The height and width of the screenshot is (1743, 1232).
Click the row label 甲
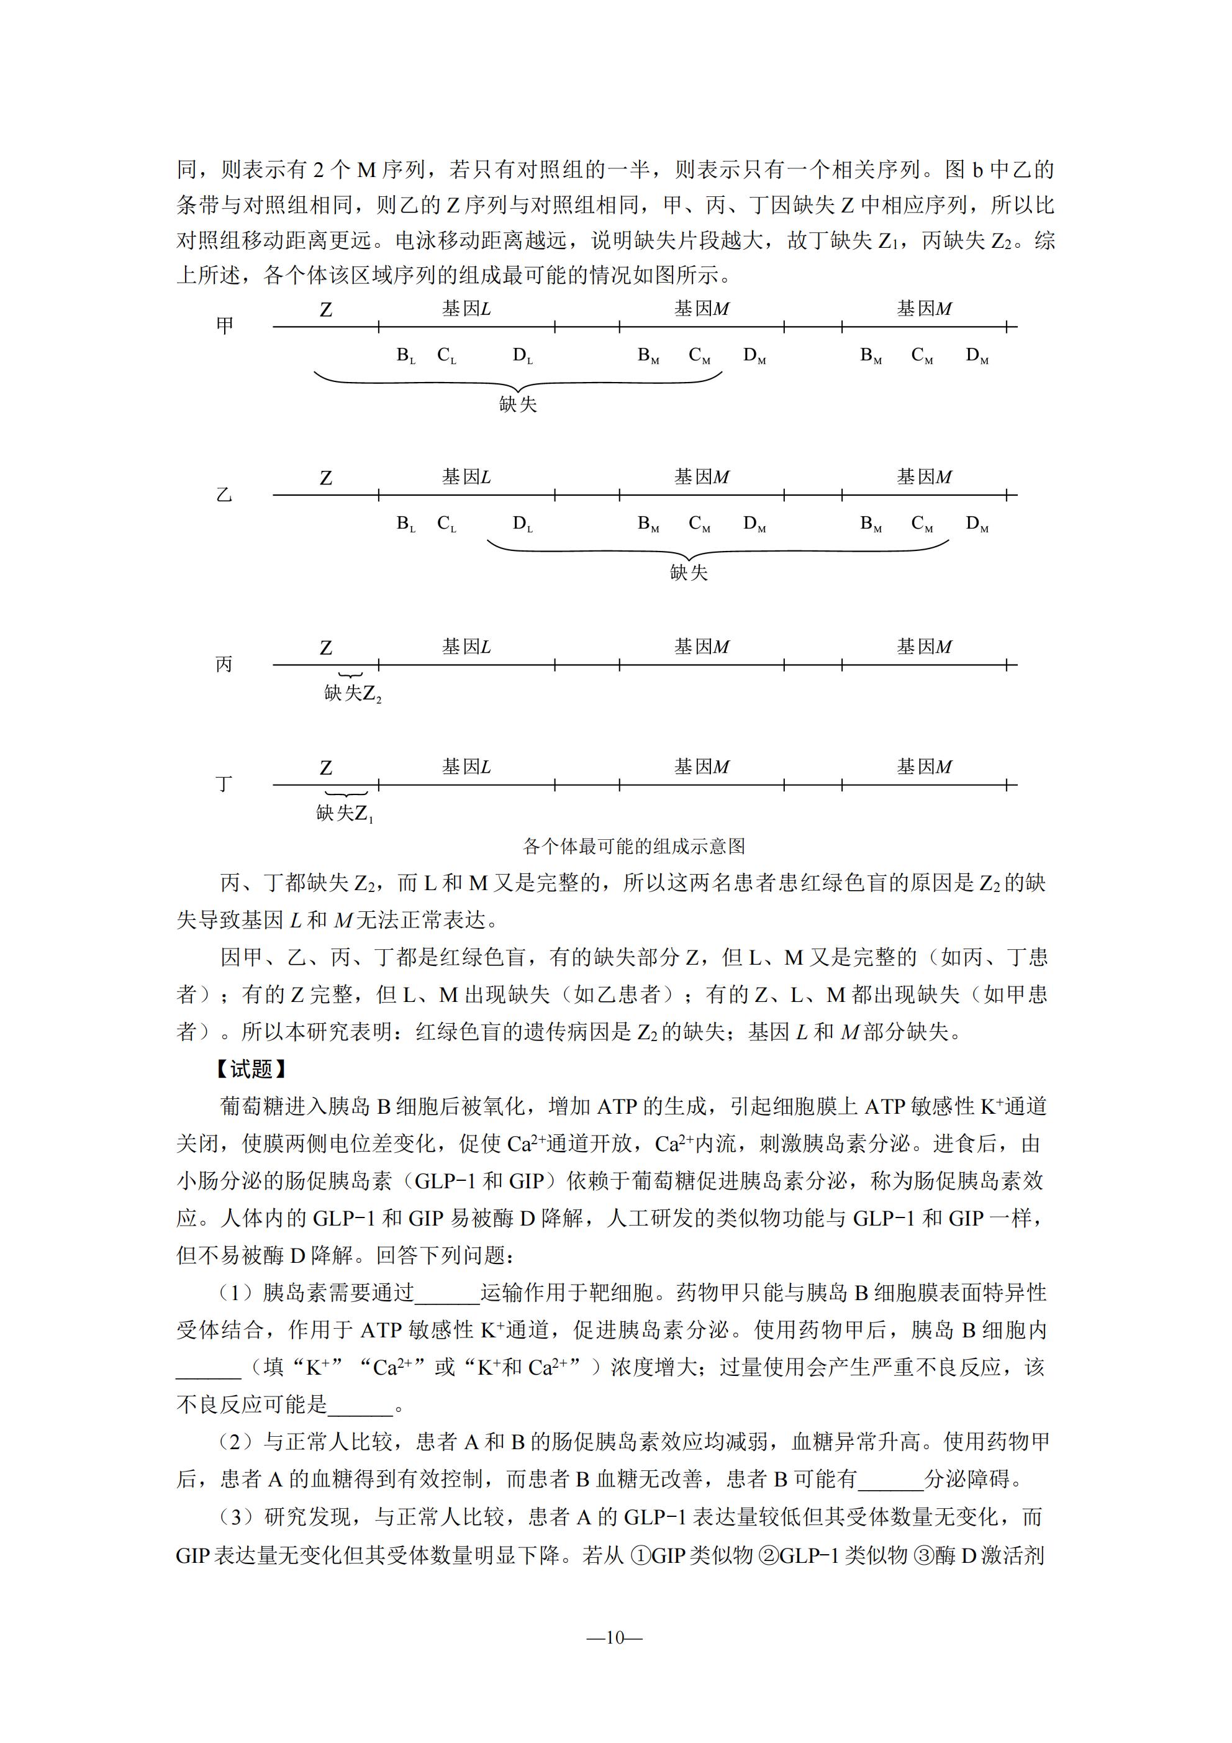pos(225,325)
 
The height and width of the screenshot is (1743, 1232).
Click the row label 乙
pos(225,495)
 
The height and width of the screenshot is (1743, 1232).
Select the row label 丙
pos(225,664)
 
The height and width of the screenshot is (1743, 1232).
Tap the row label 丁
pos(225,783)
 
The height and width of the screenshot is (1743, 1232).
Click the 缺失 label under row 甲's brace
pos(518,404)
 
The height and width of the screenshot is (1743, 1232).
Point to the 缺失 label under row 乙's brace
pos(689,572)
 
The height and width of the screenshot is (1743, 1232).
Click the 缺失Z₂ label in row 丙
pos(352,693)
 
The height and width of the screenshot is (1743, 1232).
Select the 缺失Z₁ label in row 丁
pos(345,813)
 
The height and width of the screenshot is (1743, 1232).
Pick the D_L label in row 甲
pos(522,355)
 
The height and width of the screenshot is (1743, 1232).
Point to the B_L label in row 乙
pos(406,524)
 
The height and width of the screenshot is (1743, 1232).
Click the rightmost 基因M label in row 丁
pos(924,767)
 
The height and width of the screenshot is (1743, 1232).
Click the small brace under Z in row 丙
pos(351,674)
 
